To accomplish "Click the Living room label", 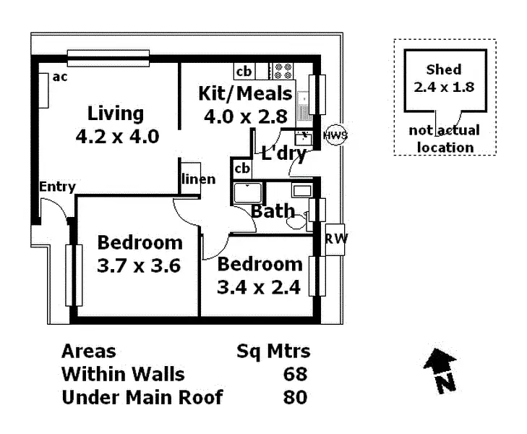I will pyautogui.click(x=116, y=114).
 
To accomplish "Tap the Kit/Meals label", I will pyautogui.click(x=245, y=93).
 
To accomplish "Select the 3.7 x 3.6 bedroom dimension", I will pyautogui.click(x=139, y=265).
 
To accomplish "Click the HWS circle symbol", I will pyautogui.click(x=335, y=135).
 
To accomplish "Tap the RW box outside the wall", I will pyautogui.click(x=335, y=239).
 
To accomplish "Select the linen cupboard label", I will pyautogui.click(x=197, y=179).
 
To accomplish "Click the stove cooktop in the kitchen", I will pyautogui.click(x=282, y=71).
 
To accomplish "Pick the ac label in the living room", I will pyautogui.click(x=60, y=77).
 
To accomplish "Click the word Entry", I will pyautogui.click(x=57, y=187).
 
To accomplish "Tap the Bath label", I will pyautogui.click(x=273, y=211).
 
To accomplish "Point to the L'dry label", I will pyautogui.click(x=283, y=153).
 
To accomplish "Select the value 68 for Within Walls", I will pyautogui.click(x=296, y=374).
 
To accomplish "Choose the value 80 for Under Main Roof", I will pyautogui.click(x=296, y=397).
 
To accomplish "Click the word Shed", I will pyautogui.click(x=443, y=69).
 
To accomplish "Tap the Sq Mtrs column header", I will pyautogui.click(x=273, y=352).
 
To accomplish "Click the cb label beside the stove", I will pyautogui.click(x=244, y=71).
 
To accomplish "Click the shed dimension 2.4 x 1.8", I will pyautogui.click(x=443, y=86).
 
